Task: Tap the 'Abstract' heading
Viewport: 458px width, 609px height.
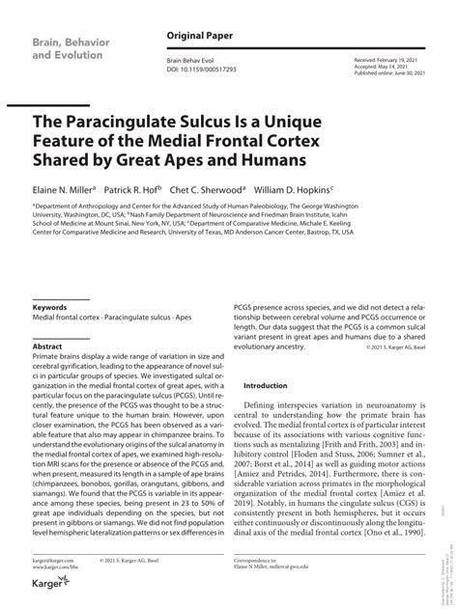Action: pyautogui.click(x=47, y=346)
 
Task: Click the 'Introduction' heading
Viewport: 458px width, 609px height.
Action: pyautogui.click(x=266, y=385)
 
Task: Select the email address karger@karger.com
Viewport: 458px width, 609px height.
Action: pyautogui.click(x=55, y=559)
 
